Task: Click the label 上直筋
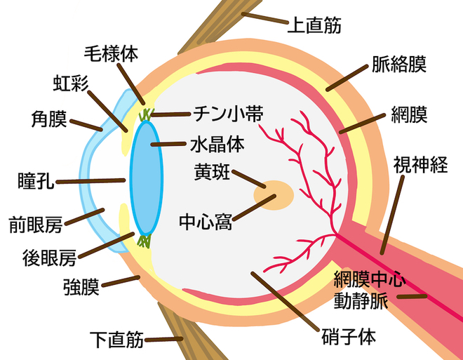[314, 25]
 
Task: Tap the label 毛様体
[111, 54]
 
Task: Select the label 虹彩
[71, 84]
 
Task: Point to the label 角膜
[49, 119]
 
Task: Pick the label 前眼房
[36, 225]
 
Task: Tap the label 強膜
[81, 286]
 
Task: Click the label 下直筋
[116, 340]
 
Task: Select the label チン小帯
[228, 114]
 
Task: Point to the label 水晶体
[217, 144]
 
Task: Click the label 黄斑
[212, 172]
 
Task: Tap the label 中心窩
[206, 222]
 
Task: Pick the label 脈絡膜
[399, 64]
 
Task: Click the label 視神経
[420, 164]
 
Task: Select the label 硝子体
[349, 336]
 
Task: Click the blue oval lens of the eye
[147, 178]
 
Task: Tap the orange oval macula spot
[274, 195]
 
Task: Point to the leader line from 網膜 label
[362, 124]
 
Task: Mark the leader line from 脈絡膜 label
[347, 78]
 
